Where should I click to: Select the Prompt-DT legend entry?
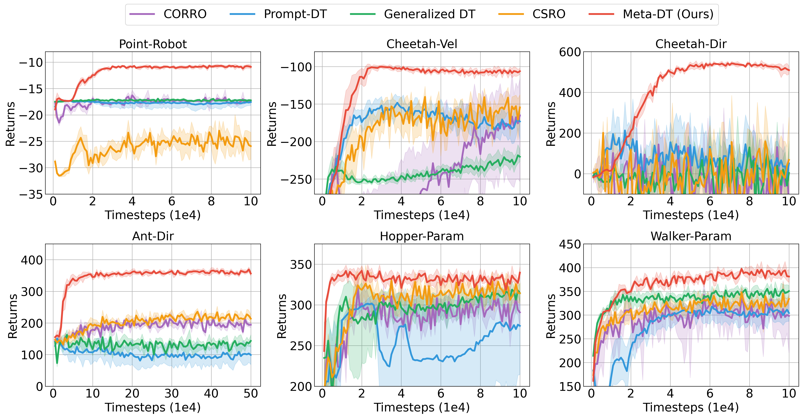pyautogui.click(x=295, y=14)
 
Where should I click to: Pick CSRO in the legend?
pyautogui.click(x=549, y=14)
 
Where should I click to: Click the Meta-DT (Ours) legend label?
pyautogui.click(x=668, y=14)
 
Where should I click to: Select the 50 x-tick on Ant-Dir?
pyautogui.click(x=251, y=394)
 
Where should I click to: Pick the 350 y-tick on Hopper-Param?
pyautogui.click(x=301, y=265)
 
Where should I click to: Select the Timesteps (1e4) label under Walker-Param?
pyautogui.click(x=691, y=407)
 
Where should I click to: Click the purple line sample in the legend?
pyautogui.click(x=142, y=14)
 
